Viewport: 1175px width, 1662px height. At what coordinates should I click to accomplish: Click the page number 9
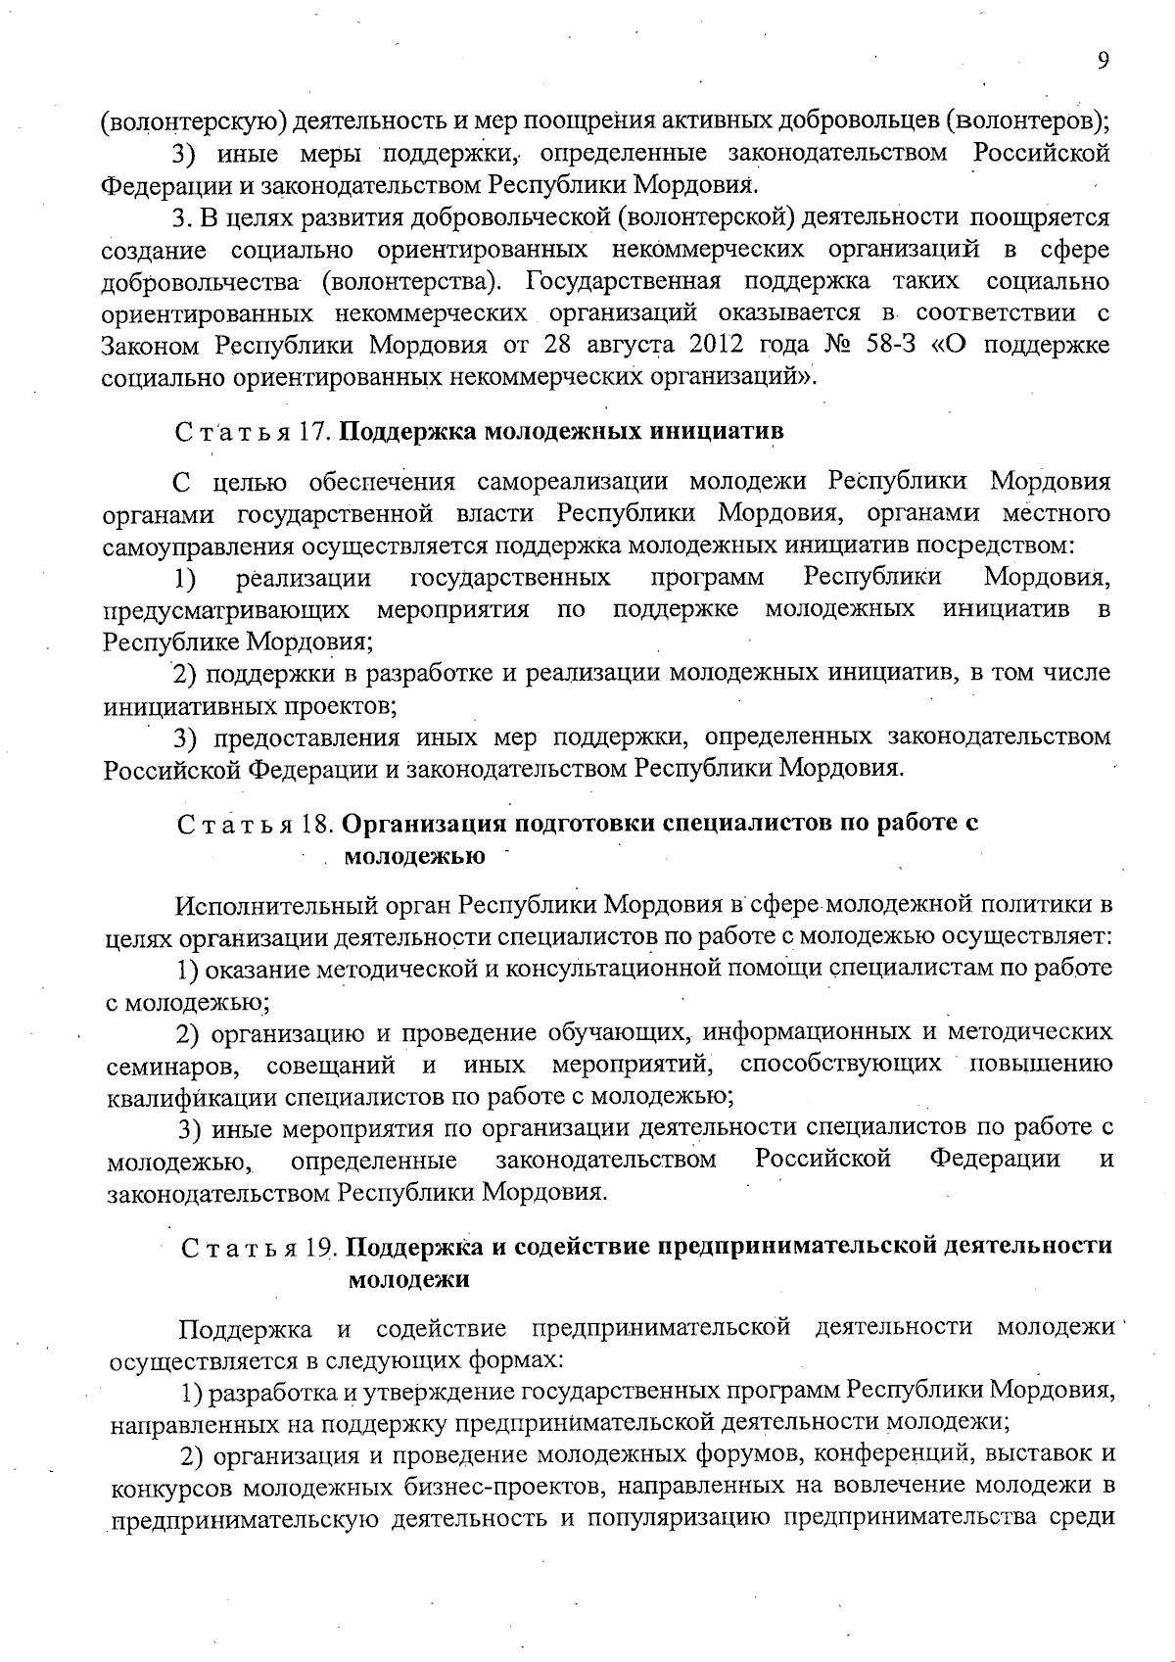tap(1103, 61)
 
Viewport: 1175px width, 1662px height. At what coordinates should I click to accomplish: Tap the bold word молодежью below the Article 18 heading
tap(414, 856)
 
